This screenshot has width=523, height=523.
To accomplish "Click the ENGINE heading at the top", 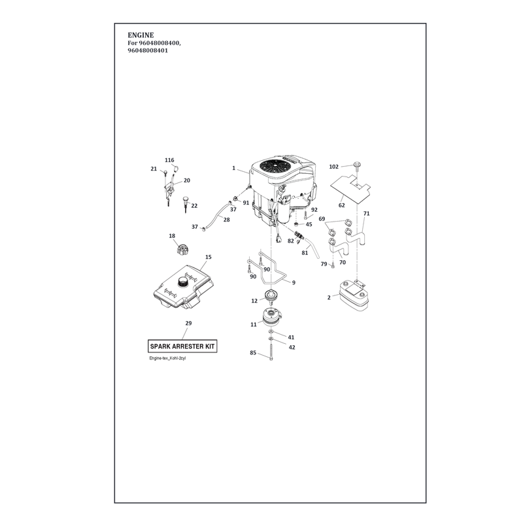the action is point(141,35).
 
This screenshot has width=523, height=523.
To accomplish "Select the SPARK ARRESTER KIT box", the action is point(182,346).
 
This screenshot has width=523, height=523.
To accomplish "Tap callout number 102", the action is point(333,167).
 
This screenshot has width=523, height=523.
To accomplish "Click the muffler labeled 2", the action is point(354,297).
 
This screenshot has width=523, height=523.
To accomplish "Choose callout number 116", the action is point(169,160).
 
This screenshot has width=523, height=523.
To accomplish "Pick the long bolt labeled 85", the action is point(271,351).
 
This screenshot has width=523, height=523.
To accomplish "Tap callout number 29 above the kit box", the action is point(188,323).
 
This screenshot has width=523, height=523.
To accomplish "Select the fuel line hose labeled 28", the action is point(217,214).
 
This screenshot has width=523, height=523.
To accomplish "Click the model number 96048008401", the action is point(148,51).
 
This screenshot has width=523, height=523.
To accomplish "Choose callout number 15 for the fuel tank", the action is point(208,257).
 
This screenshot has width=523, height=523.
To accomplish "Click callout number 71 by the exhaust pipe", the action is point(366,214).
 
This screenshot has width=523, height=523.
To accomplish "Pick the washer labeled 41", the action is point(271,331).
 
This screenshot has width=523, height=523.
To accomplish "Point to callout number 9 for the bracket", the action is point(294,283).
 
